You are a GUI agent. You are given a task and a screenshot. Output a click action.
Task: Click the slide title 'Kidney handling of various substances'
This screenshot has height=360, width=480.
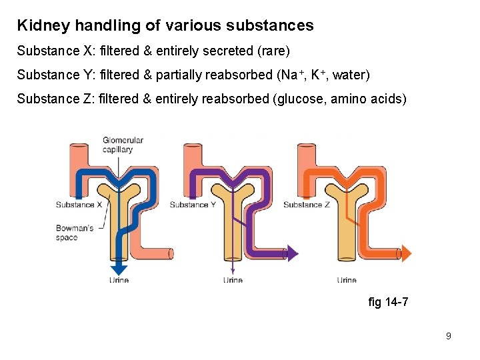(x=165, y=26)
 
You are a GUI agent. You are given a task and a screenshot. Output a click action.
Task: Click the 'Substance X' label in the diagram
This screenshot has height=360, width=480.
(x=79, y=205)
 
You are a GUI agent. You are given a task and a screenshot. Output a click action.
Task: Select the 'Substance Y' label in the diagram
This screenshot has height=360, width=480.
(x=192, y=205)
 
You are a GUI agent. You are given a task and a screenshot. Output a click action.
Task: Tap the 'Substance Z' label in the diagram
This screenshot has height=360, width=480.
(x=307, y=205)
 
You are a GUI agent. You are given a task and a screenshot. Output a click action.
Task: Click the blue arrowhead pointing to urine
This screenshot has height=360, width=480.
(x=119, y=269)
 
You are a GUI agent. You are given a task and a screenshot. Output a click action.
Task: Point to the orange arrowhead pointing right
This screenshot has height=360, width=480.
(x=407, y=253)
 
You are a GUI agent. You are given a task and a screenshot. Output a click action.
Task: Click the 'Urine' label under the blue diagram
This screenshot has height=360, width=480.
(x=119, y=280)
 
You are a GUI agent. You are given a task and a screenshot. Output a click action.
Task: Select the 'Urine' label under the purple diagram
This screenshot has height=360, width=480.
(x=233, y=280)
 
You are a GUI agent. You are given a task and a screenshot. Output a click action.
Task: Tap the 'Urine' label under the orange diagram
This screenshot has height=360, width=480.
(x=347, y=280)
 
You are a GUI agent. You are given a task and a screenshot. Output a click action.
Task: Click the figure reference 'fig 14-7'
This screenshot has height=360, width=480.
(x=388, y=303)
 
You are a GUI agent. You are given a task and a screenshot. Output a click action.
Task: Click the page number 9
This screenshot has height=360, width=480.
(x=449, y=336)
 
